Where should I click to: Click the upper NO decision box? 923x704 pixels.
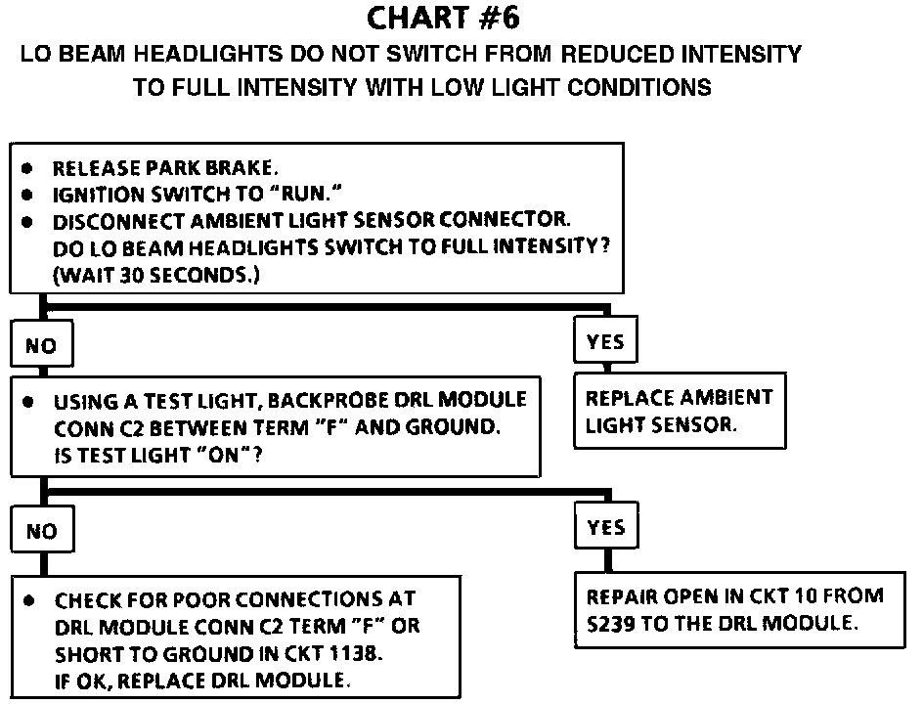pyautogui.click(x=41, y=345)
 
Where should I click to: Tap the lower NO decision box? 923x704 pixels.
pyautogui.click(x=41, y=531)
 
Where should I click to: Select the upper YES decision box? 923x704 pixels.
pyautogui.click(x=605, y=342)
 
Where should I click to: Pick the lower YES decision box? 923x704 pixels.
pyautogui.click(x=605, y=528)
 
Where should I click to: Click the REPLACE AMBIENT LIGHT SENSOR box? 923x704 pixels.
pyautogui.click(x=679, y=411)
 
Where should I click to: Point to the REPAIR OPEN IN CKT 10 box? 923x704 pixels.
pyautogui.click(x=734, y=609)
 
